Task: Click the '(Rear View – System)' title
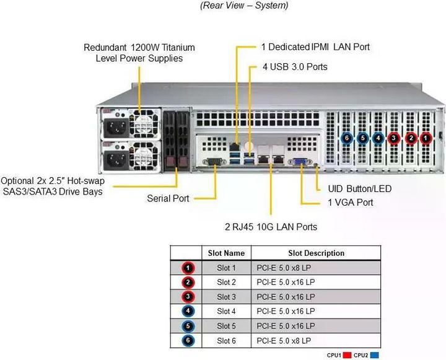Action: point(244,6)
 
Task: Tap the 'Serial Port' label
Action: point(168,199)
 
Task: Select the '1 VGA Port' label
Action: point(351,203)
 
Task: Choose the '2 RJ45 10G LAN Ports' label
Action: point(271,227)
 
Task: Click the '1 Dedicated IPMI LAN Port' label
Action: point(315,46)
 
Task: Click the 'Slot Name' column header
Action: point(226,253)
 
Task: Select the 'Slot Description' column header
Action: point(316,253)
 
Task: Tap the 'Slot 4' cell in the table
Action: point(226,311)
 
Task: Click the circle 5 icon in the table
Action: point(189,325)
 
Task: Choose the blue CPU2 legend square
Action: point(374,355)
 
